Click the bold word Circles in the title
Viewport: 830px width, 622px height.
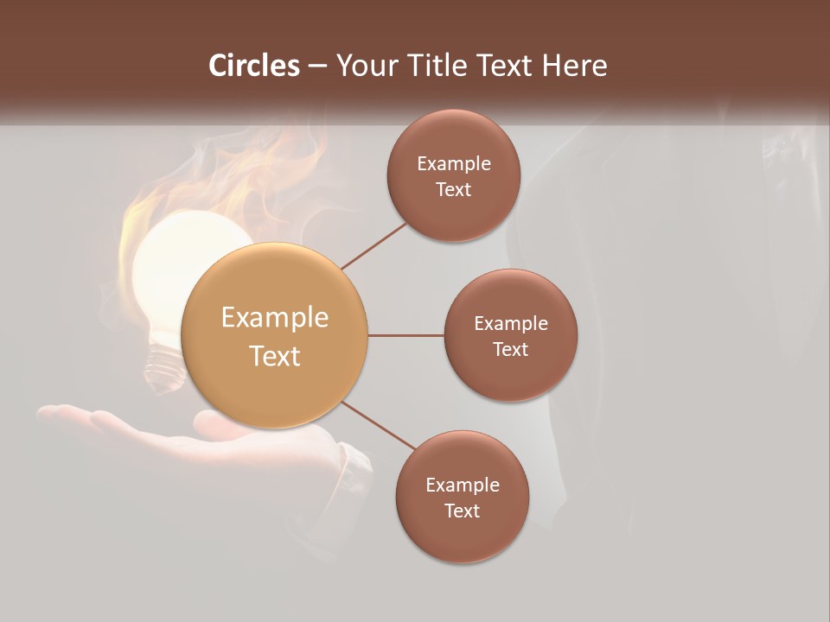[253, 66]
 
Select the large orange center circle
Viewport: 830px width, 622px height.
[275, 335]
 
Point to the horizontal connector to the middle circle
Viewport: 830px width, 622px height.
[406, 335]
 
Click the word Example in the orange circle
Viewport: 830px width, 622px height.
[275, 318]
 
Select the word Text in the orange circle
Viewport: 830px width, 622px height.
[275, 356]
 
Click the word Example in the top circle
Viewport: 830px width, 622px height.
[454, 164]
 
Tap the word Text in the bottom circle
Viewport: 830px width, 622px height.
[463, 511]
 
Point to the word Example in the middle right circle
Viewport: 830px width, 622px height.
[511, 324]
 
